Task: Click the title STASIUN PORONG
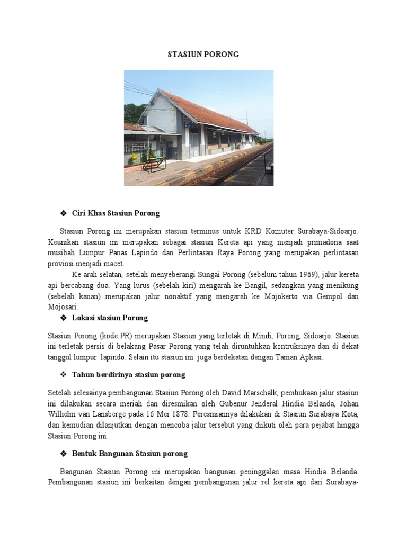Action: click(x=203, y=54)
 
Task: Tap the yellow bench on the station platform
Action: click(x=154, y=164)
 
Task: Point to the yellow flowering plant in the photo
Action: click(x=134, y=158)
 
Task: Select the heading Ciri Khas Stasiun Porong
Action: click(x=116, y=213)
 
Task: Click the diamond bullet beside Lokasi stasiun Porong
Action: click(x=63, y=318)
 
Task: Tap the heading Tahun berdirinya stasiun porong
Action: click(x=128, y=375)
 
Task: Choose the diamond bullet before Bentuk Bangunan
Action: click(x=63, y=454)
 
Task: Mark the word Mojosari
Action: click(x=63, y=307)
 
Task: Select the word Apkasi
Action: click(x=307, y=357)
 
